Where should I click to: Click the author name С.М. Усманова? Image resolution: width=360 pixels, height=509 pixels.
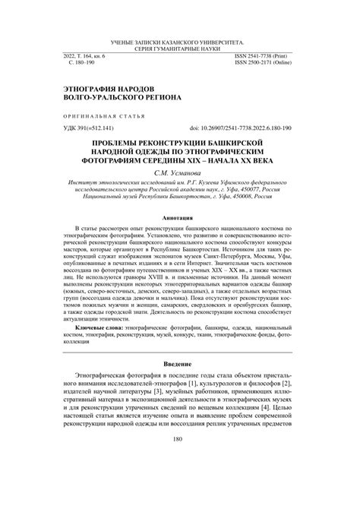[179, 173]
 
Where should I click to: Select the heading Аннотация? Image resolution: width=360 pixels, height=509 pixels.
[179, 216]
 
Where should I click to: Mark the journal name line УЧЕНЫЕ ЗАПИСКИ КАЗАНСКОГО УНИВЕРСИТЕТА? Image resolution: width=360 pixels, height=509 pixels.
[179, 40]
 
